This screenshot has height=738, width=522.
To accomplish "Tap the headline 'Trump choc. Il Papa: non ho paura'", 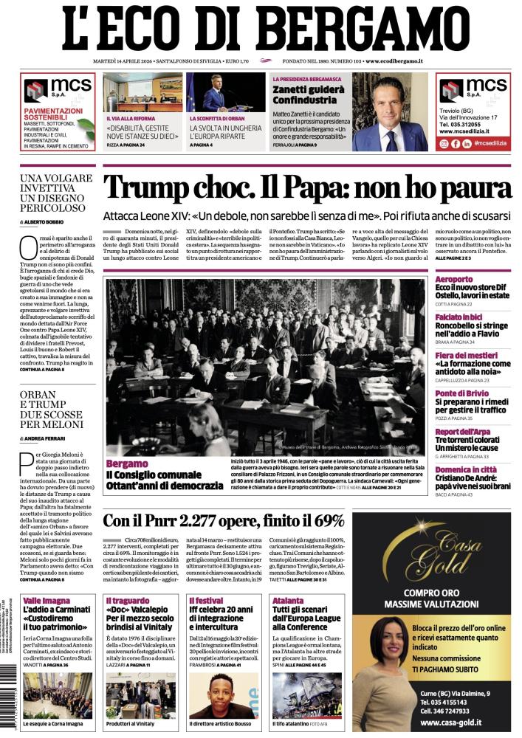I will click(306, 187).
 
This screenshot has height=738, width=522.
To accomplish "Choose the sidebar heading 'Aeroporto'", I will click(454, 280).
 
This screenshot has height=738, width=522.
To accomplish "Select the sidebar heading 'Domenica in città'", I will click(466, 469).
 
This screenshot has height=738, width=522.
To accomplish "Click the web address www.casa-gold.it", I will click(441, 724).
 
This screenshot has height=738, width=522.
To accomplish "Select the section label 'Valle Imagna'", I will click(47, 601).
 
